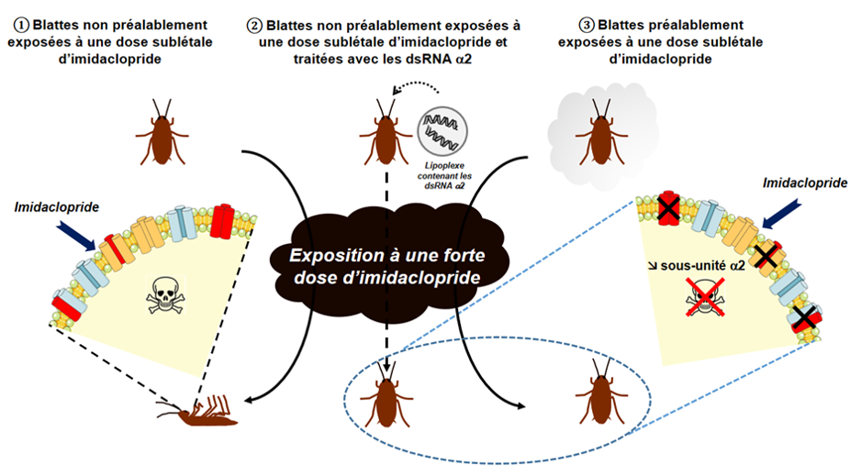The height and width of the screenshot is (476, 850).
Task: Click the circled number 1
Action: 21,26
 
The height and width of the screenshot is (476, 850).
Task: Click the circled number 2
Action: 254,26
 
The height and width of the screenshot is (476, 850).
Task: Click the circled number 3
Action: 587,26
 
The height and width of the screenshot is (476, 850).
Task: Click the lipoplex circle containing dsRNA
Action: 442,131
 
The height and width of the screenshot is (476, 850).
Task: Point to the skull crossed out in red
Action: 705,297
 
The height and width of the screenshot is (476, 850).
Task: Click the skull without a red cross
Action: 166,295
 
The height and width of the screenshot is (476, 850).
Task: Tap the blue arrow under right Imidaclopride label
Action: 782,214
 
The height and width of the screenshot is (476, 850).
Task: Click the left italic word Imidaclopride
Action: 56,207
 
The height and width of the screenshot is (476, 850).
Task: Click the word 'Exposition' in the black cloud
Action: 329,255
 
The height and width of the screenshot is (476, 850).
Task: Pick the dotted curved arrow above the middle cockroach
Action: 417,86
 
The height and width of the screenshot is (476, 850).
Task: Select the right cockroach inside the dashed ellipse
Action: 602,392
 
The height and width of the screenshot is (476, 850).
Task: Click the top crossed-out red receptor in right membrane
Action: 668,208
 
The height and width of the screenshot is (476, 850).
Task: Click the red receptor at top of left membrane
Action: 222,219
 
